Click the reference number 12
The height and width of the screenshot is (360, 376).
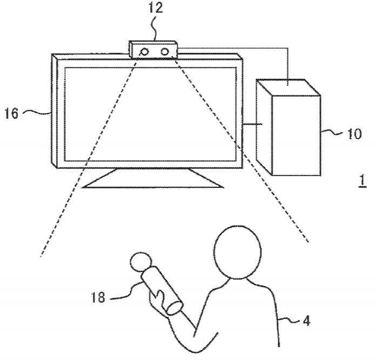pyautogui.click(x=156, y=8)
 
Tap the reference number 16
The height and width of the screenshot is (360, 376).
pyautogui.click(x=11, y=113)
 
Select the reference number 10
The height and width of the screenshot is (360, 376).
pyautogui.click(x=354, y=134)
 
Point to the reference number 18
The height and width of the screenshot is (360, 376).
pyautogui.click(x=98, y=297)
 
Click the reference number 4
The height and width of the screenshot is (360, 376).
pyautogui.click(x=306, y=321)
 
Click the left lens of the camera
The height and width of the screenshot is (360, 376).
pyautogui.click(x=144, y=52)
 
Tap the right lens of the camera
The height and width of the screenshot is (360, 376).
pyautogui.click(x=164, y=51)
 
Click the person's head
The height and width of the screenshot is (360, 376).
pyautogui.click(x=237, y=252)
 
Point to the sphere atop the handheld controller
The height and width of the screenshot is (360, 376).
pyautogui.click(x=141, y=262)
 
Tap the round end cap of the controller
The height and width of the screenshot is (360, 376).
pyautogui.click(x=175, y=308)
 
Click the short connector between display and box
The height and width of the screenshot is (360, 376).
pyautogui.click(x=252, y=124)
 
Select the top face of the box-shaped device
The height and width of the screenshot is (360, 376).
pyautogui.click(x=288, y=87)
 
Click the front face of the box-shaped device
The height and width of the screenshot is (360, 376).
pyautogui.click(x=297, y=135)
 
